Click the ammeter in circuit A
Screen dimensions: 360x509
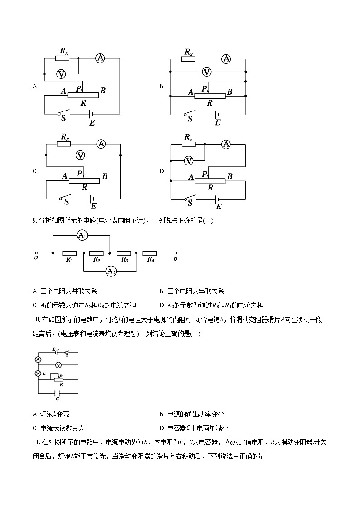coord(100,58)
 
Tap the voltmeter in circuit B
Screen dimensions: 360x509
coord(207,72)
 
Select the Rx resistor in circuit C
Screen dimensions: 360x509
coord(63,144)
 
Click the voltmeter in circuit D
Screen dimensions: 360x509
coord(188,160)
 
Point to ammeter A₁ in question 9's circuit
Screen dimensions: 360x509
coord(82,235)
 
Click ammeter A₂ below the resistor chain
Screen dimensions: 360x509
coord(110,271)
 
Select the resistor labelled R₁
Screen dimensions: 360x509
coord(69,253)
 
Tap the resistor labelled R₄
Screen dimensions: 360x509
coord(150,253)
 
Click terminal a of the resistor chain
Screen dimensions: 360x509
coord(36,253)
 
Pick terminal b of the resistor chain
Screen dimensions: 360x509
coord(176,253)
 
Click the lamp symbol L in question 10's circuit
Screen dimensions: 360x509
coord(38,373)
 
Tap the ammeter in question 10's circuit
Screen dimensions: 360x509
coord(38,359)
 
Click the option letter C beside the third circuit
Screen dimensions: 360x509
coord(35,171)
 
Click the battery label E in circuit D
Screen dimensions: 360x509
coord(219,206)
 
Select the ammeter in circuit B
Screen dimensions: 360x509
coord(225,58)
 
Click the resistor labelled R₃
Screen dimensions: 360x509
coord(123,253)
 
